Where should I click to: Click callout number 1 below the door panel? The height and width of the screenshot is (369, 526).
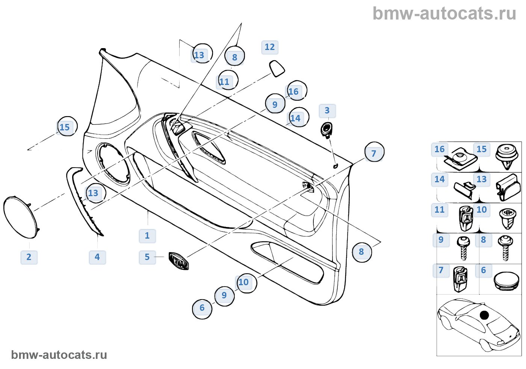click(147, 236)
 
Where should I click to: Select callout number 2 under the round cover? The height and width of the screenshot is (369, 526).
click(29, 257)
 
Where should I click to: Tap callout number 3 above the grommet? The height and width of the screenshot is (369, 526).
click(327, 111)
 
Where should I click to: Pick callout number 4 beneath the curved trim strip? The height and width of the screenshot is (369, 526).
click(97, 257)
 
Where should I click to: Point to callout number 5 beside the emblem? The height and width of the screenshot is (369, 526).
click(147, 257)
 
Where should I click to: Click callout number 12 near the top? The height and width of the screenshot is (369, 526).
click(270, 47)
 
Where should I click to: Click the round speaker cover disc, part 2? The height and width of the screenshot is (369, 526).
click(21, 217)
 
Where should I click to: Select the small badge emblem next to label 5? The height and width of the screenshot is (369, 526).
click(179, 261)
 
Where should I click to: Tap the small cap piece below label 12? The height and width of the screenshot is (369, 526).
click(277, 68)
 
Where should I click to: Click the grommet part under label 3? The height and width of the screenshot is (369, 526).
click(326, 129)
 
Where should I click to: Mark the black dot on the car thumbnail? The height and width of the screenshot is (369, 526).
click(485, 315)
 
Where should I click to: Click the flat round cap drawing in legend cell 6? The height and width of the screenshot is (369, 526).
click(506, 281)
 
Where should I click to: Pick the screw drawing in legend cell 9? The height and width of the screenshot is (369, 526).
click(463, 248)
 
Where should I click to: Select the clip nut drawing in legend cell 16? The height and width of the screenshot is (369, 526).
click(461, 158)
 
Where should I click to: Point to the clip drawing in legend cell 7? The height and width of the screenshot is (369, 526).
click(460, 279)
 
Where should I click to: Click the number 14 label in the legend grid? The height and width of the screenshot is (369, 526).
click(440, 180)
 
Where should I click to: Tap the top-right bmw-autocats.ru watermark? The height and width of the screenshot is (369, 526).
click(444, 14)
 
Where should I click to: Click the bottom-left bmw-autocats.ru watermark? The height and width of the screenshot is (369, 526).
click(59, 355)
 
